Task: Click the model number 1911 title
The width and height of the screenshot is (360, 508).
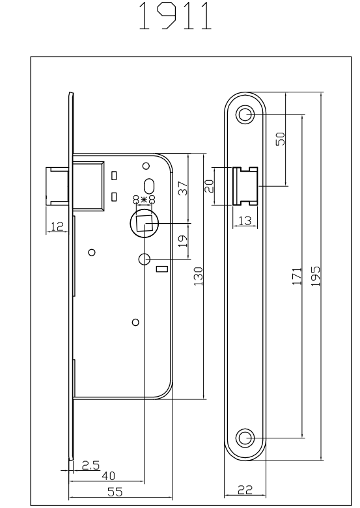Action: [176, 16]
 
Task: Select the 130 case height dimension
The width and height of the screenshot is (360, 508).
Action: [198, 276]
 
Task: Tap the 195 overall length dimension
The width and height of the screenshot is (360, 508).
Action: [316, 276]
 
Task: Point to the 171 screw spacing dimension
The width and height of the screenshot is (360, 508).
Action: [297, 276]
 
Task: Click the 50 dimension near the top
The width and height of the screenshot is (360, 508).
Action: [280, 139]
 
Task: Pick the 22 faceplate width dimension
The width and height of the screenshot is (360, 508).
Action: [245, 490]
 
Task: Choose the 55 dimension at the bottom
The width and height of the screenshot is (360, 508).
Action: [115, 492]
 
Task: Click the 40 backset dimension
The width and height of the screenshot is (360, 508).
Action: [108, 476]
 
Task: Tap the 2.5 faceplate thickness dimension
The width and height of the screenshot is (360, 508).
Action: [90, 465]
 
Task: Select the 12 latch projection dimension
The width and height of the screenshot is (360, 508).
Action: [57, 226]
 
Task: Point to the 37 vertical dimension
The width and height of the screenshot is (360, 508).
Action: [183, 189]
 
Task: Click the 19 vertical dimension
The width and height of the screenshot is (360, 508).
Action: [183, 241]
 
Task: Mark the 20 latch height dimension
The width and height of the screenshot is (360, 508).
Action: [210, 186]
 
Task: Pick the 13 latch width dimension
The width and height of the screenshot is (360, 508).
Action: [245, 221]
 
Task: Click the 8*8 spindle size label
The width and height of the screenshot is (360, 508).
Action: [144, 200]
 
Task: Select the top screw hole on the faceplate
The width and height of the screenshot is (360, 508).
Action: [245, 114]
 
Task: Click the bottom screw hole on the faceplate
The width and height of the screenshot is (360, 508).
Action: [245, 438]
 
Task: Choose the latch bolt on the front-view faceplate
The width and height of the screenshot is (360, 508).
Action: [245, 186]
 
